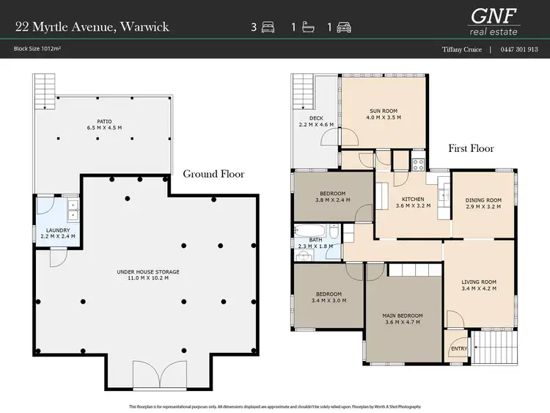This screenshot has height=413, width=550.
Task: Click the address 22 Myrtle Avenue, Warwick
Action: point(92,27)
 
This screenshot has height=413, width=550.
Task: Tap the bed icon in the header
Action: point(268,27)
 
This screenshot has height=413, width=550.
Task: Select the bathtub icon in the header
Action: point(306,27)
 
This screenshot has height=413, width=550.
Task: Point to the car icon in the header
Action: point(343,27)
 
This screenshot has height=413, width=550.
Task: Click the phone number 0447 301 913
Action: point(519,50)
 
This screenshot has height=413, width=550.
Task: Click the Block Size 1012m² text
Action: point(36,50)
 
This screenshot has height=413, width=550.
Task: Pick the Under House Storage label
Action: point(148,275)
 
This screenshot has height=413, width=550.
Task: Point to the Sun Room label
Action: point(384,114)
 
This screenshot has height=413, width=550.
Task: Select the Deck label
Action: point(316,121)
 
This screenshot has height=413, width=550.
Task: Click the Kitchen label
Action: point(411,202)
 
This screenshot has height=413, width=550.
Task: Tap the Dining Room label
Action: point(483,203)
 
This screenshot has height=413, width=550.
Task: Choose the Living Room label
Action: point(479,285)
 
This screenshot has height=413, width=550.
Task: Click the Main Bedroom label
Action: point(403,319)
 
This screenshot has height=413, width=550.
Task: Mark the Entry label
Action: point(457,348)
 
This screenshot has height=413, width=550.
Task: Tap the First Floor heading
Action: point(471,149)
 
